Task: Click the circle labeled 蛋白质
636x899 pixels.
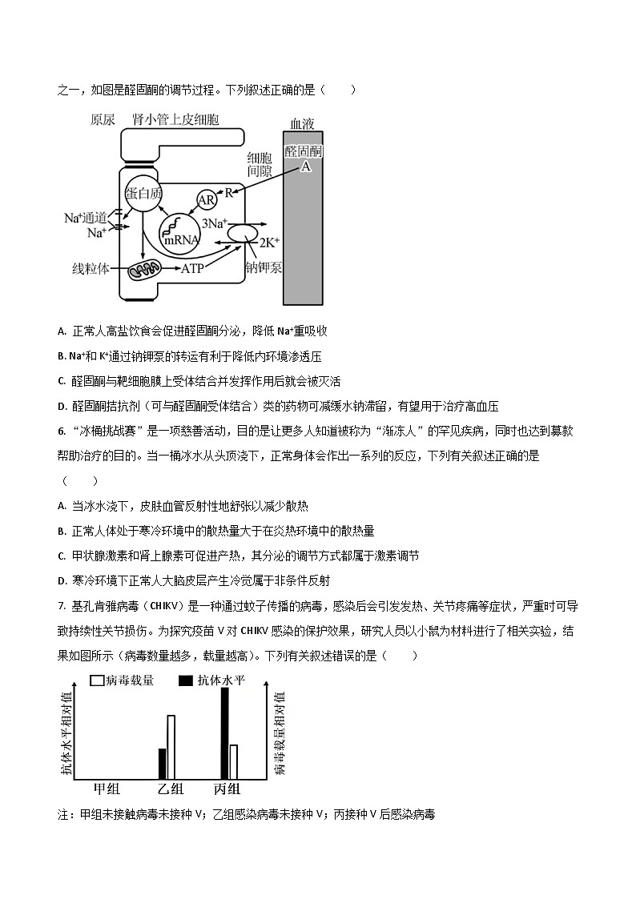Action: (143, 193)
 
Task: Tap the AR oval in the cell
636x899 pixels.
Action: (207, 200)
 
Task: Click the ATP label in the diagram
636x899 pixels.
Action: (193, 269)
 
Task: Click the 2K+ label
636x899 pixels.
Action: (267, 242)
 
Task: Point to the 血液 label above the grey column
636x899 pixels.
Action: (303, 123)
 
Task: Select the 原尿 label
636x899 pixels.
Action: (103, 121)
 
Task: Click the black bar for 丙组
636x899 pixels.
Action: (224, 732)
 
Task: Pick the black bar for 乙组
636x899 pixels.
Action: (162, 763)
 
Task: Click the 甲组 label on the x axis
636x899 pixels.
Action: (107, 789)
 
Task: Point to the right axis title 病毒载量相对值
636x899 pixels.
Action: (279, 733)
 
